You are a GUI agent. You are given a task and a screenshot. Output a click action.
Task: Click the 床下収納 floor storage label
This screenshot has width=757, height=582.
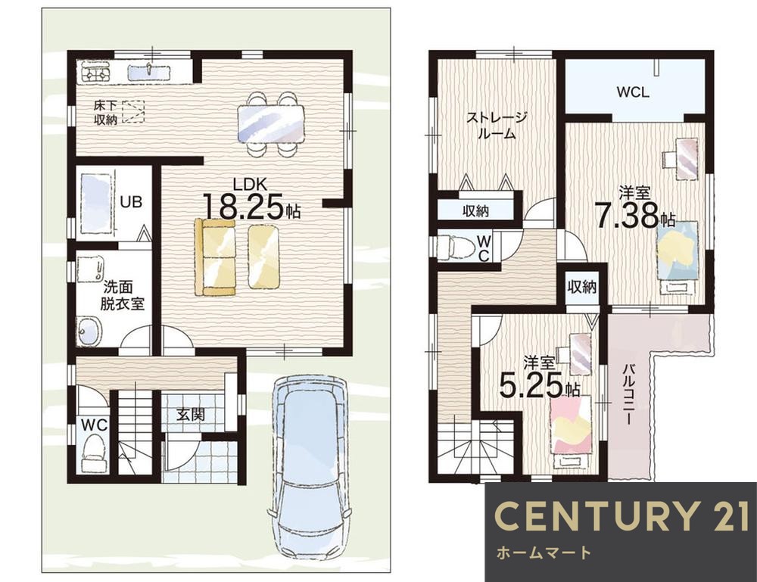pos(105,113)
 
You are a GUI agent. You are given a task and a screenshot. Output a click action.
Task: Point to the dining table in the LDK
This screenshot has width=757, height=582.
pos(271,124)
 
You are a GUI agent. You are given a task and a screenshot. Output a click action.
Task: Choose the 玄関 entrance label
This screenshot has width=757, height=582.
pos(190,414)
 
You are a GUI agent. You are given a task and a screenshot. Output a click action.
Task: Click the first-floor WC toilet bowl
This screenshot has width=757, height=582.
pos(94,452)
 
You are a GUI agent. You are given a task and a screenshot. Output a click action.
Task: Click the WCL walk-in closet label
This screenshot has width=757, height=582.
pos(632,92)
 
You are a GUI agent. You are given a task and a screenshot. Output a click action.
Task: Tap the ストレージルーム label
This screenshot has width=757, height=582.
pos(497,125)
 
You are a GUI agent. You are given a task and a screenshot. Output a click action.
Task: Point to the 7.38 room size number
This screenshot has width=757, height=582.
pos(627,216)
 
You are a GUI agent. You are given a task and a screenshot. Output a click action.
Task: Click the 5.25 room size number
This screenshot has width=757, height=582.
pos(531,386)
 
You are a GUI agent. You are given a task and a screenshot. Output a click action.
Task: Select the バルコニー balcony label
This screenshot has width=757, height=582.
pos(628,394)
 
